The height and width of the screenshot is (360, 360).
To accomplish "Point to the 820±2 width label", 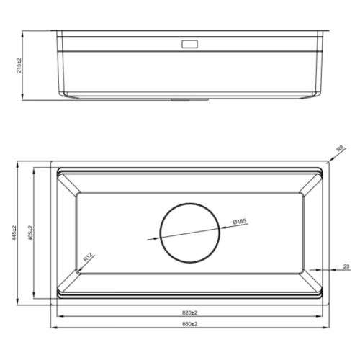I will (x=190, y=312).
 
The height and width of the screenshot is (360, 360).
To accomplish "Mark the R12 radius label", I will (x=87, y=257).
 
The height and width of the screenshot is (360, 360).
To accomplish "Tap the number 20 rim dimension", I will (x=346, y=266).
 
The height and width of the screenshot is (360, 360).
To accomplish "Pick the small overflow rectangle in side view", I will (x=189, y=44).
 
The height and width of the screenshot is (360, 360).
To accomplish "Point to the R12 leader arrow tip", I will (x=76, y=270).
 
